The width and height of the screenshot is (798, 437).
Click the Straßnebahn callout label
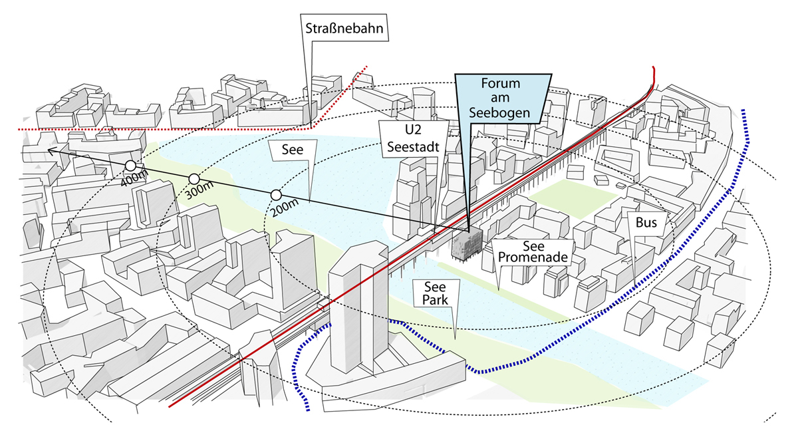(344, 28)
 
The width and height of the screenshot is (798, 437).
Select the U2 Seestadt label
(413, 138)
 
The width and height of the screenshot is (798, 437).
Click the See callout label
(293, 150)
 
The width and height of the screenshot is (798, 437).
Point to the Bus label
(646, 223)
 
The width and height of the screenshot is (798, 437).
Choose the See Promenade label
(533, 251)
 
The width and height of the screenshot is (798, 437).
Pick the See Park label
(436, 293)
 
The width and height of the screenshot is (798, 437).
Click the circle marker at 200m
(276, 195)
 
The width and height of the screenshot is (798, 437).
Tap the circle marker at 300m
(194, 178)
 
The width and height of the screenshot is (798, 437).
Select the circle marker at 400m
(131, 166)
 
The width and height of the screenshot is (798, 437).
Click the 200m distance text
(285, 208)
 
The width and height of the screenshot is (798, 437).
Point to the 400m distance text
(134, 177)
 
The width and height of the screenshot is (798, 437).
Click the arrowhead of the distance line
(51, 151)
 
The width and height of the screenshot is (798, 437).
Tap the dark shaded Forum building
(467, 244)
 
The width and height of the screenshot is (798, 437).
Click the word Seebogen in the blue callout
(499, 112)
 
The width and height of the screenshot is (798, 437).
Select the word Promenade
(533, 257)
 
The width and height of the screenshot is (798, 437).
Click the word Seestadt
(413, 147)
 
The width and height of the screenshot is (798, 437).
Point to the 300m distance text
(199, 190)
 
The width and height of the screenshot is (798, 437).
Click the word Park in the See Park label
(435, 300)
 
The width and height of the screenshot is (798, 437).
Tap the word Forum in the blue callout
(501, 83)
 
